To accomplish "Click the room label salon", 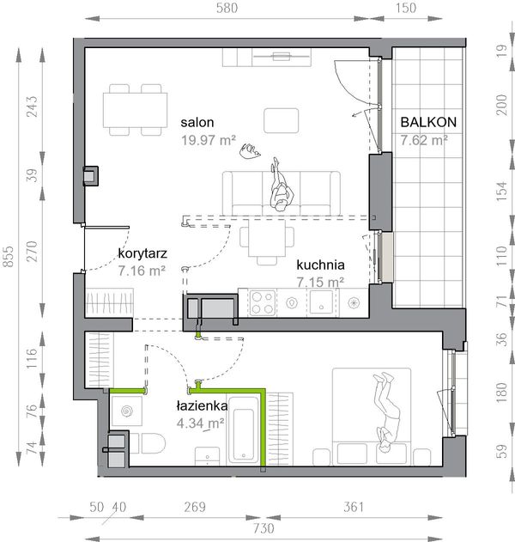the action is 197,122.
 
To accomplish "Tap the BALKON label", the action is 428,122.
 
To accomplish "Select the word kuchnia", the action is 320,265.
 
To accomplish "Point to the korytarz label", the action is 142,253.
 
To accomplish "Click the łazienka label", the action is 202,405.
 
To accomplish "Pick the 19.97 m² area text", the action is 209,140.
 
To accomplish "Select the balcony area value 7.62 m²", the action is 424,140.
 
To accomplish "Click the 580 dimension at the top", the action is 227,8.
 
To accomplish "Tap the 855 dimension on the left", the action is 9,256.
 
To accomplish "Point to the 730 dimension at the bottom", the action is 264,528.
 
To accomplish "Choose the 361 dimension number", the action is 354,507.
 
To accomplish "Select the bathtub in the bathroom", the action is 244,430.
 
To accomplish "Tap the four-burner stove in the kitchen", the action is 263,303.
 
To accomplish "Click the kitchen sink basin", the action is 321,301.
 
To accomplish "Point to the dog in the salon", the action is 250,151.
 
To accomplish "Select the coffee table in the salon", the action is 282,120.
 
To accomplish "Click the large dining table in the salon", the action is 135,110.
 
